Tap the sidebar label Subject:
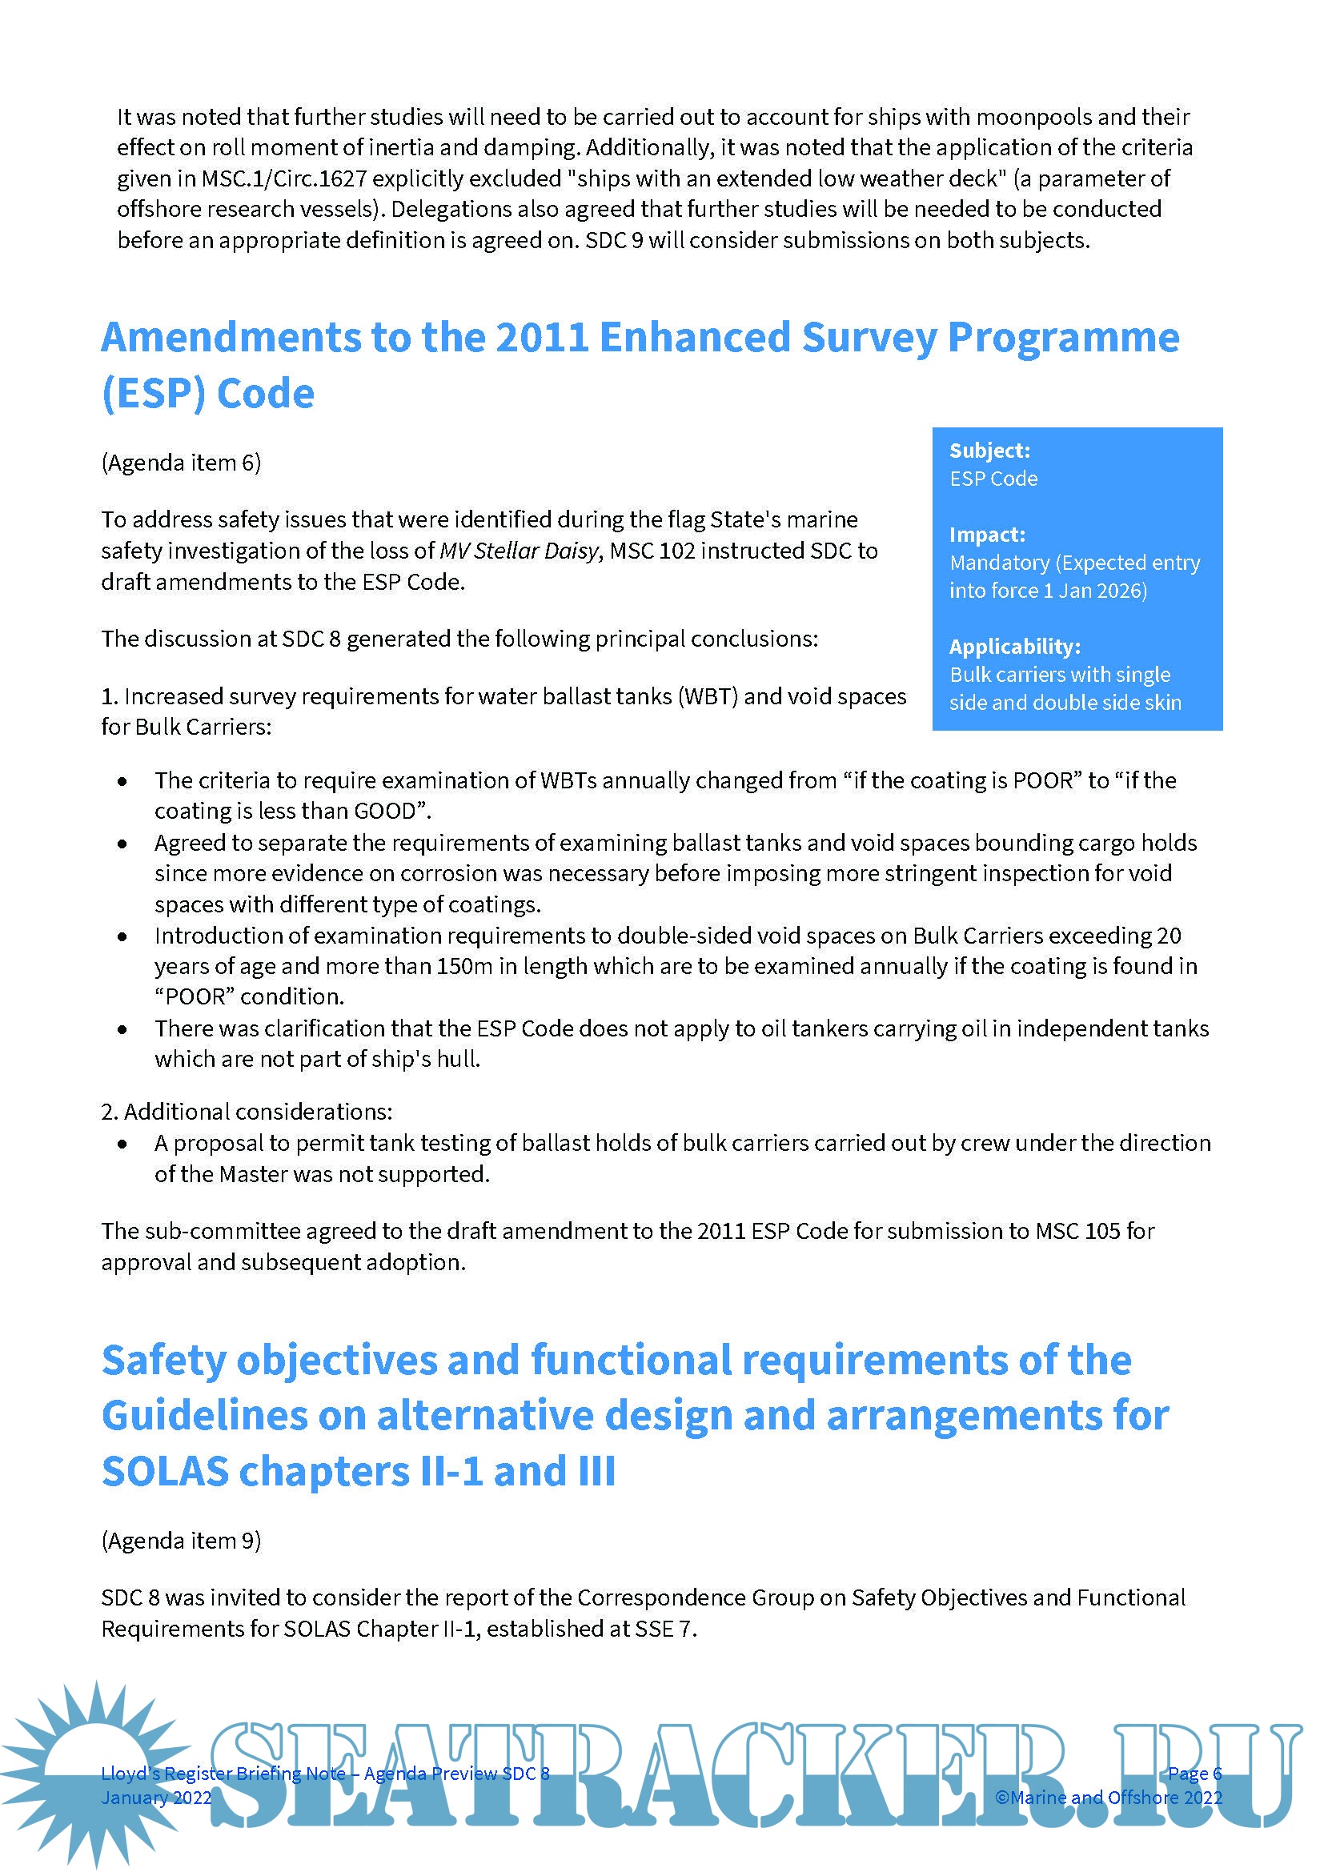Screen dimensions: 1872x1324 (x=989, y=451)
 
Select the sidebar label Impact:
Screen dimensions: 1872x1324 (x=986, y=535)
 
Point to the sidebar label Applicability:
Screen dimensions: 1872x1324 (x=1014, y=647)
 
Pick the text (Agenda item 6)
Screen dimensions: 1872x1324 (x=181, y=463)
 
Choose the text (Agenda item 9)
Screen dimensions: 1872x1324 (x=181, y=1541)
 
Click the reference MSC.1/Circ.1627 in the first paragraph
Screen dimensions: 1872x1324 (x=283, y=178)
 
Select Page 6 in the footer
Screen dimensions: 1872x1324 (x=1194, y=1774)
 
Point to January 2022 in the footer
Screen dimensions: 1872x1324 (x=156, y=1798)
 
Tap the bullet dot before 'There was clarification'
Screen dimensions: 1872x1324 (x=122, y=1030)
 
